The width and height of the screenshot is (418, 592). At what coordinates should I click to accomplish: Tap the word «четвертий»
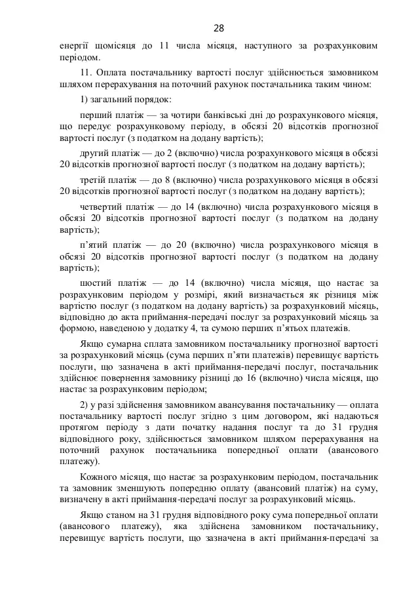[x=102, y=205]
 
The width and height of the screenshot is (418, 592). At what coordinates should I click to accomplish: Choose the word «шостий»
[x=97, y=282]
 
